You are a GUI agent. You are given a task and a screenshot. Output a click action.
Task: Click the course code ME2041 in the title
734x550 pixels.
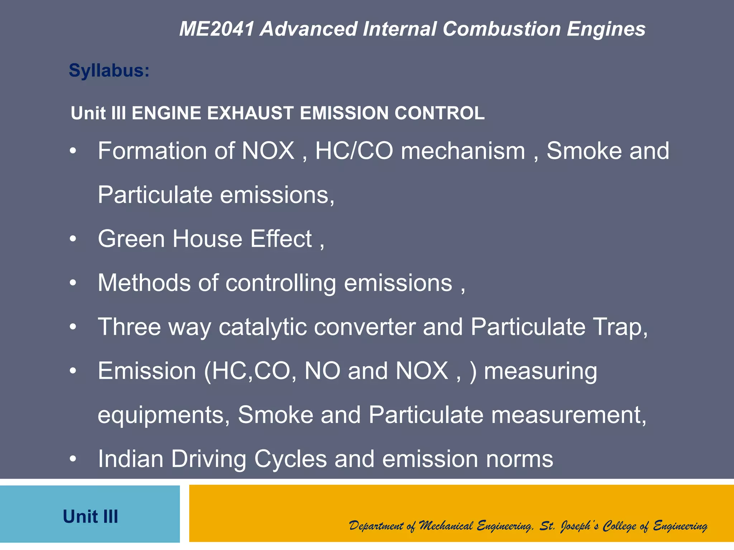(216, 29)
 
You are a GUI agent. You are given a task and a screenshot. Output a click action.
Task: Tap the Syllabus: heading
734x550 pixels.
(109, 70)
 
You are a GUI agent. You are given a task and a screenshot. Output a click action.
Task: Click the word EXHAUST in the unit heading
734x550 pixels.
(250, 113)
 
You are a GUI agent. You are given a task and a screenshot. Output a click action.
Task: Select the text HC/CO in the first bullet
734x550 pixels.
(354, 151)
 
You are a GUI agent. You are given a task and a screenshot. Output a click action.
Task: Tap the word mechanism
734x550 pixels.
(463, 151)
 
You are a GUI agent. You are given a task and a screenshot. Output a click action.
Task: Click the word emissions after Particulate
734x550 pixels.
(277, 195)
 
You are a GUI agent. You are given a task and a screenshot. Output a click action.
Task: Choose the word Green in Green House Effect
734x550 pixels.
(131, 239)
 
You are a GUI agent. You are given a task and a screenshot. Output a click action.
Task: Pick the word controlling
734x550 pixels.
(281, 283)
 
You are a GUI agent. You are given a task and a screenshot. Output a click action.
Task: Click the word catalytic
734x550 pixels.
(263, 327)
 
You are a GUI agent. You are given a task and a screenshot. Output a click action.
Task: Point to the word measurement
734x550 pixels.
(568, 415)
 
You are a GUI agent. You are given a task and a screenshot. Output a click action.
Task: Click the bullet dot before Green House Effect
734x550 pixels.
(73, 239)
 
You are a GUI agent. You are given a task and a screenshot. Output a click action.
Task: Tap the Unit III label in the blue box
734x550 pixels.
(90, 517)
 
